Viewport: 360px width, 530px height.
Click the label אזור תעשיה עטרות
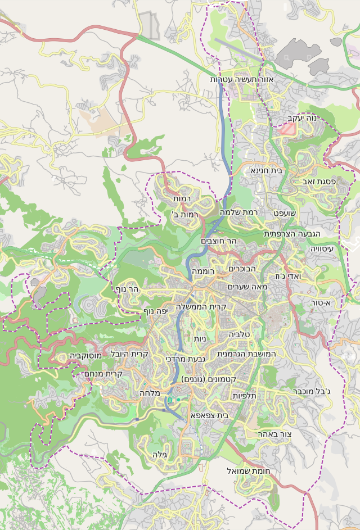click(x=241, y=80)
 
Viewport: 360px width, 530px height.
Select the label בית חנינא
click(x=266, y=170)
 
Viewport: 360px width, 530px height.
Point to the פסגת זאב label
click(x=319, y=182)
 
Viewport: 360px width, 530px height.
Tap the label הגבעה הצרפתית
click(x=292, y=233)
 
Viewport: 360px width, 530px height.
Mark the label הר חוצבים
click(x=219, y=241)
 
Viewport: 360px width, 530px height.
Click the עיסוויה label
click(x=321, y=248)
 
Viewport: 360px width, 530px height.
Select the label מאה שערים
click(x=247, y=287)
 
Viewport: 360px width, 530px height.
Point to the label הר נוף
click(x=127, y=288)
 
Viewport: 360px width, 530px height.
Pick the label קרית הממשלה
click(x=201, y=307)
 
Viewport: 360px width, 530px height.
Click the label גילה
click(x=161, y=454)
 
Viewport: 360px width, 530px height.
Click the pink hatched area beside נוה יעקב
click(x=287, y=129)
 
